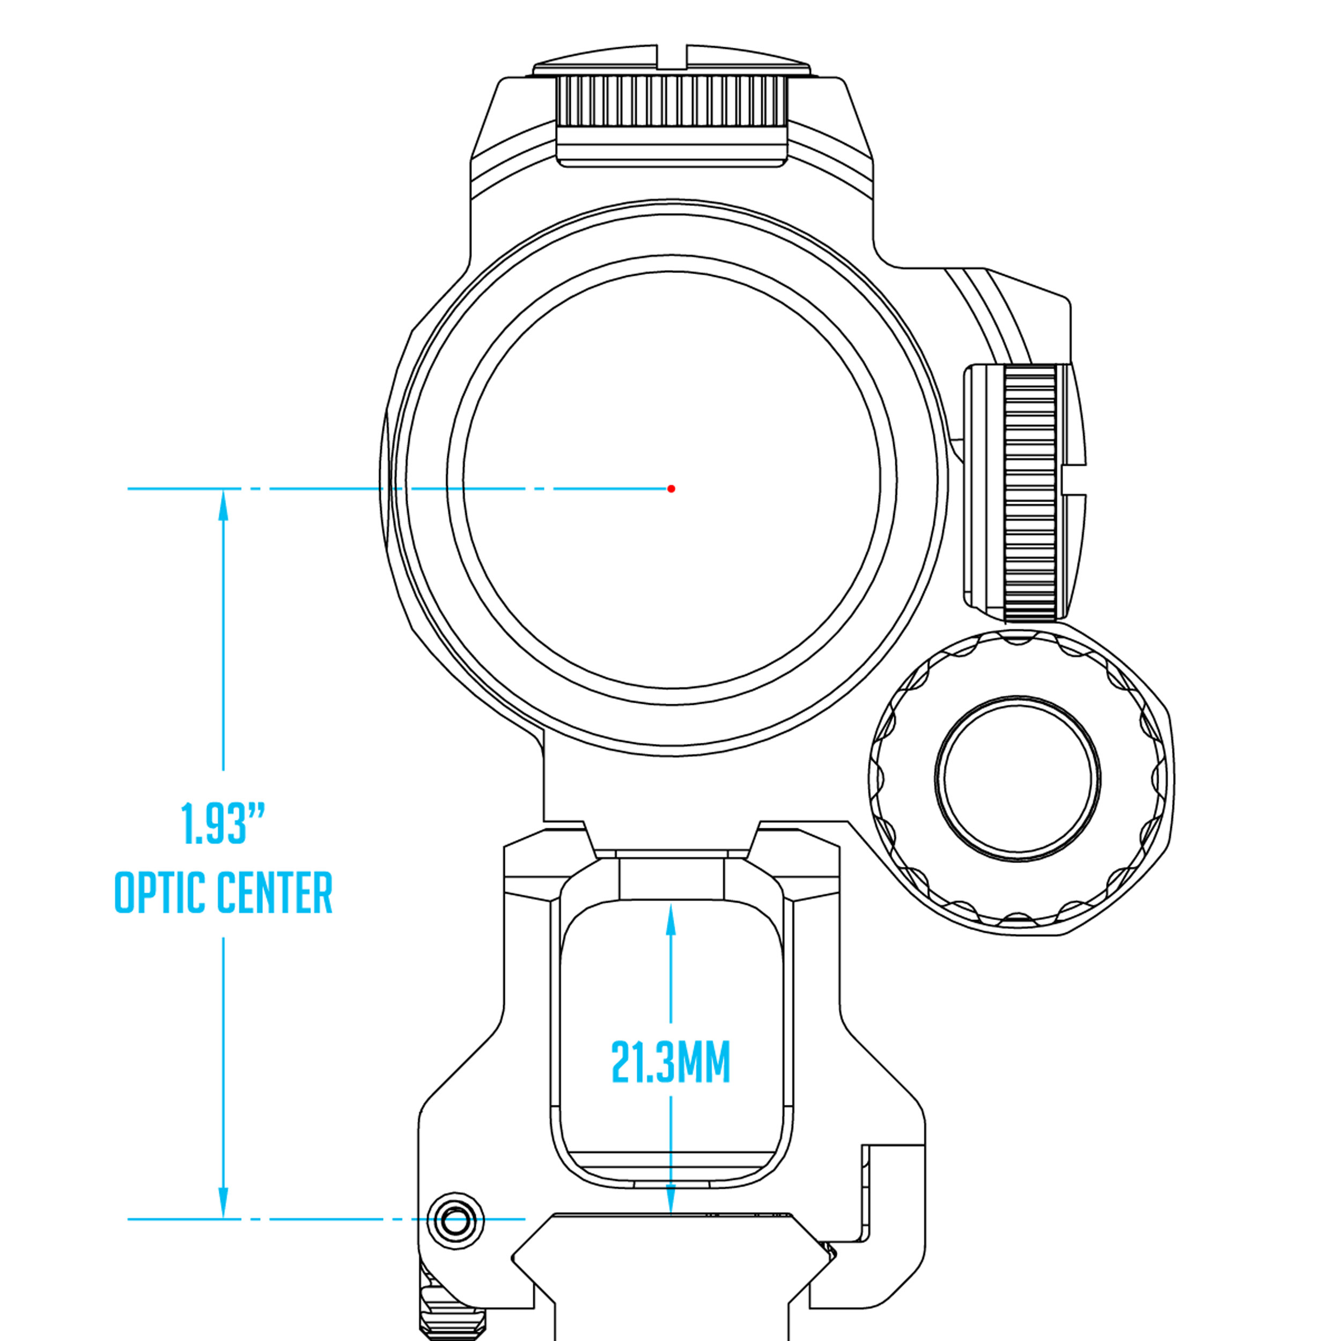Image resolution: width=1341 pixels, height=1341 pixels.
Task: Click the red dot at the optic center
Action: pyautogui.click(x=670, y=489)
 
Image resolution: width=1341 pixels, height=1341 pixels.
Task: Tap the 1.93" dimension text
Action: pyautogui.click(x=223, y=824)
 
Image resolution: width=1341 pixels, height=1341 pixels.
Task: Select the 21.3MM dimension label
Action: pyautogui.click(x=670, y=1062)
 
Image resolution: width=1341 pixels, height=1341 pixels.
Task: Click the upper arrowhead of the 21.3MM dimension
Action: pyautogui.click(x=670, y=920)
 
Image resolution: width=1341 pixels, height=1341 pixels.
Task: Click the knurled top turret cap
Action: pyautogui.click(x=670, y=101)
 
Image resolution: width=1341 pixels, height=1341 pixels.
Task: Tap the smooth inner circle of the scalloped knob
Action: pyautogui.click(x=1018, y=777)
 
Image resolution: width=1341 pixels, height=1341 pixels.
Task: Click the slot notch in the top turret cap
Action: pyautogui.click(x=671, y=56)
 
